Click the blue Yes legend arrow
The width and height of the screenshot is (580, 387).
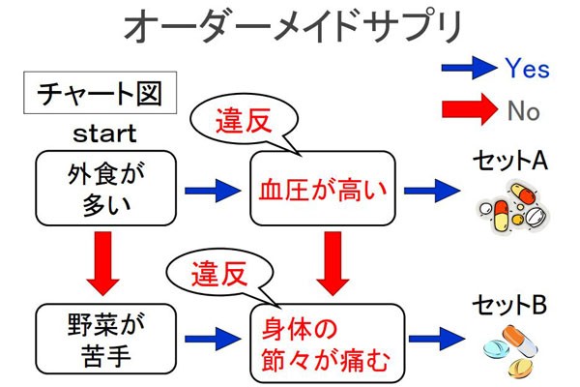click(469, 68)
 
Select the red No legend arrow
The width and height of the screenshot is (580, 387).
click(469, 110)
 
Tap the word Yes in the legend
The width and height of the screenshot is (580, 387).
click(527, 69)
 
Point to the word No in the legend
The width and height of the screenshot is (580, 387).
click(523, 111)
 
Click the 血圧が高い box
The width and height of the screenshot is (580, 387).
click(322, 188)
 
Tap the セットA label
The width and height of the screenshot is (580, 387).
click(509, 159)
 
